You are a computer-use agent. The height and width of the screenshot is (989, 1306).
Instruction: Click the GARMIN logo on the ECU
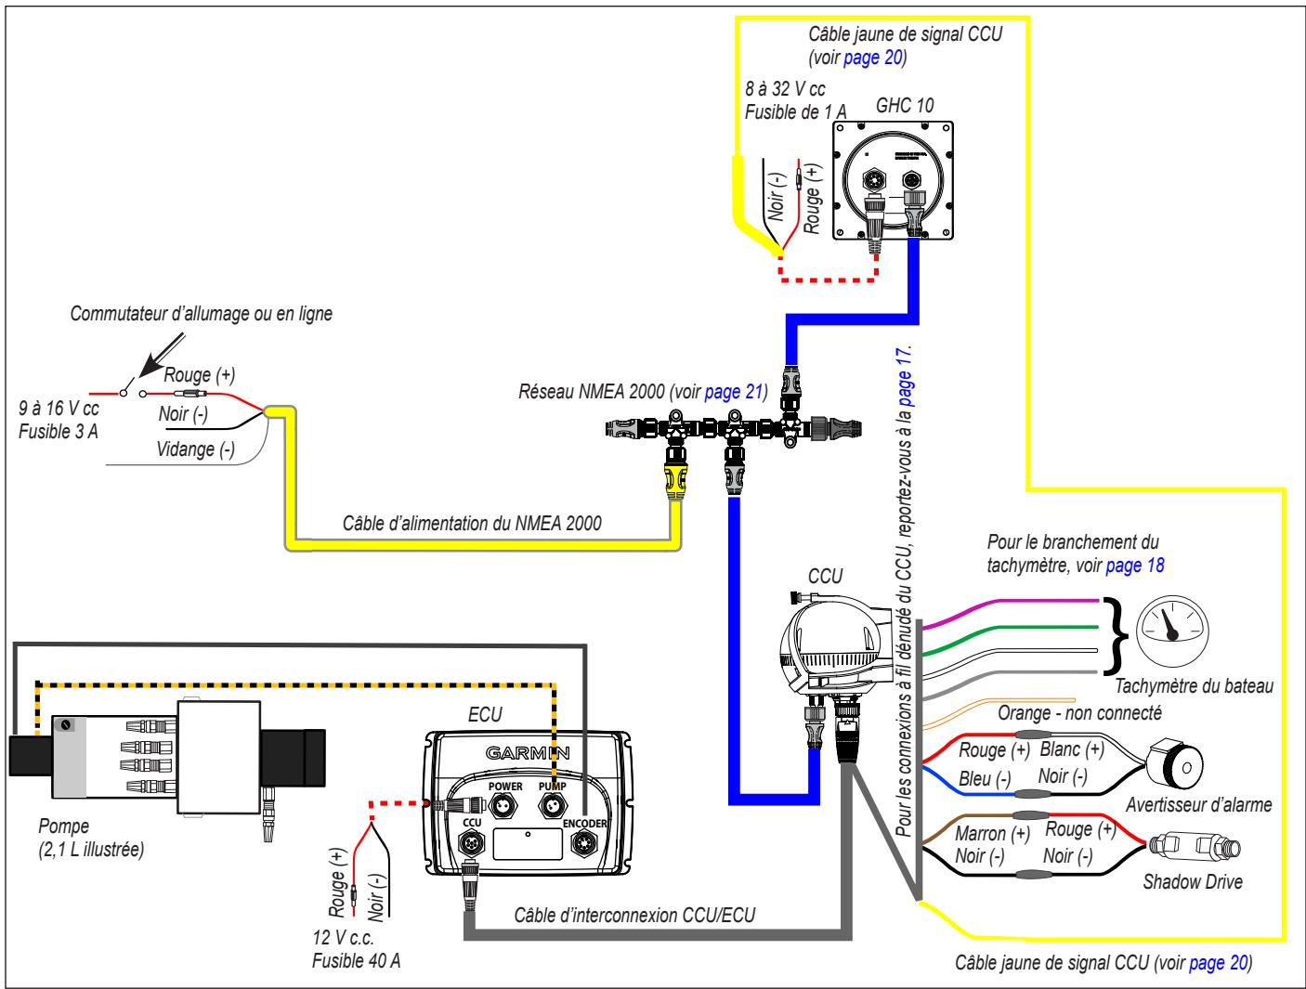point(528,753)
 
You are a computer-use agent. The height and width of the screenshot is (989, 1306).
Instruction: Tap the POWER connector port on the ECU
point(504,807)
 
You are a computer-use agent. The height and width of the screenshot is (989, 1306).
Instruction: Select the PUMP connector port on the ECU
point(553,807)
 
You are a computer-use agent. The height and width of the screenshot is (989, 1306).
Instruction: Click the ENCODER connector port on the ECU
point(583,842)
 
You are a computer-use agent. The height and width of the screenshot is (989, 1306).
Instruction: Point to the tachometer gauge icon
point(1173,631)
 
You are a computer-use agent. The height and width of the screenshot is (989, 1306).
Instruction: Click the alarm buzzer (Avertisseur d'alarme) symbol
point(1176,767)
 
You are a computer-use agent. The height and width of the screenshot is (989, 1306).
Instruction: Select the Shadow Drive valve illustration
point(1195,845)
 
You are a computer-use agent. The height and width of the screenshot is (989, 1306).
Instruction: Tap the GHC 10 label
point(905,106)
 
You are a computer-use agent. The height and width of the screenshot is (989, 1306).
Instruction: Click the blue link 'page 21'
point(733,392)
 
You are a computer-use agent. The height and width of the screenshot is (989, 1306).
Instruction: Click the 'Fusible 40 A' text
point(356,960)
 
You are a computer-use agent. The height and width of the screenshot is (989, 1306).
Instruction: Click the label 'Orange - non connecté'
point(1079,712)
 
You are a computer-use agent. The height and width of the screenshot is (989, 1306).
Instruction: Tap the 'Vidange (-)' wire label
point(196,449)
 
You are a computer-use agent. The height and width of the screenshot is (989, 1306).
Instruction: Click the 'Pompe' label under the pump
point(64,826)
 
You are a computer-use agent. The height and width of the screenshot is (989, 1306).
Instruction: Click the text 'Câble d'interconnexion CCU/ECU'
point(634,916)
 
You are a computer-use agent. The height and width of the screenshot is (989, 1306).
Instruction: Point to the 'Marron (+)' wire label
point(992,834)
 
